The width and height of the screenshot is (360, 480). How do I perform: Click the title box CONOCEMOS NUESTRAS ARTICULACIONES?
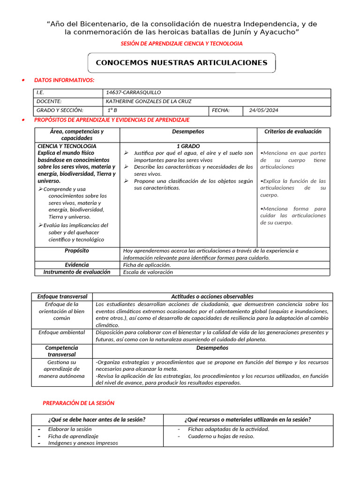(181, 63)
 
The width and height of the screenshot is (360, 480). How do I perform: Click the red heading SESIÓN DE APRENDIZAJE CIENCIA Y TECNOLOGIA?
(181, 43)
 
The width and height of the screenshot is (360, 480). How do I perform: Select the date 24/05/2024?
(263, 110)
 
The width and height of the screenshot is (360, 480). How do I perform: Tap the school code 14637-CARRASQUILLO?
(133, 93)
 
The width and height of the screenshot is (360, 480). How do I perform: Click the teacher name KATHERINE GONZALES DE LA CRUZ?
(149, 101)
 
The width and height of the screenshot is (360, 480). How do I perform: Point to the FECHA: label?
(221, 110)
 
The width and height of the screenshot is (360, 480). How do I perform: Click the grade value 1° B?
(112, 110)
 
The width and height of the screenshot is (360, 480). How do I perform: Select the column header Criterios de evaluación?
(293, 132)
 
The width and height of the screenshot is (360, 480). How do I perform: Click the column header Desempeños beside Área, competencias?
(188, 132)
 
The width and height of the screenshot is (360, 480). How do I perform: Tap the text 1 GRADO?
(188, 146)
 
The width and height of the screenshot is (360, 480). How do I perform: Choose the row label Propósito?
(77, 251)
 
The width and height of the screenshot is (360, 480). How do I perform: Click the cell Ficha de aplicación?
(147, 265)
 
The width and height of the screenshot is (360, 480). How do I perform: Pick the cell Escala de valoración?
(148, 272)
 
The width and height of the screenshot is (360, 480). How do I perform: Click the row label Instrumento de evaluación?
(77, 272)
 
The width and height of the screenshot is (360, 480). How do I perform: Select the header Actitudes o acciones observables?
(212, 296)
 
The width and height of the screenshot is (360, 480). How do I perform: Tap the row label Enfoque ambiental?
(62, 332)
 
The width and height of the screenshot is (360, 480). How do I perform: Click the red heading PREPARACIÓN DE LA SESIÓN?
(78, 403)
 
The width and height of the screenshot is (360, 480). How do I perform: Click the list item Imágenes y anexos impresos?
(83, 443)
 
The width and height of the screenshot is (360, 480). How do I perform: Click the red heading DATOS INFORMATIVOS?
(64, 81)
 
